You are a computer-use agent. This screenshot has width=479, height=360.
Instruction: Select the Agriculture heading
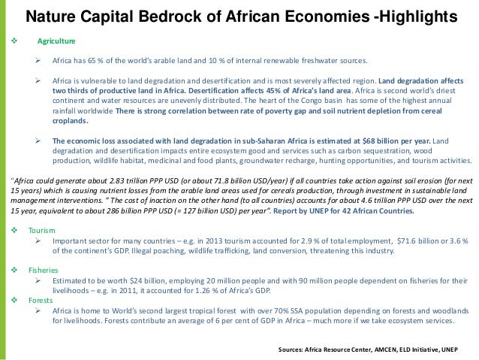[x=56, y=41]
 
